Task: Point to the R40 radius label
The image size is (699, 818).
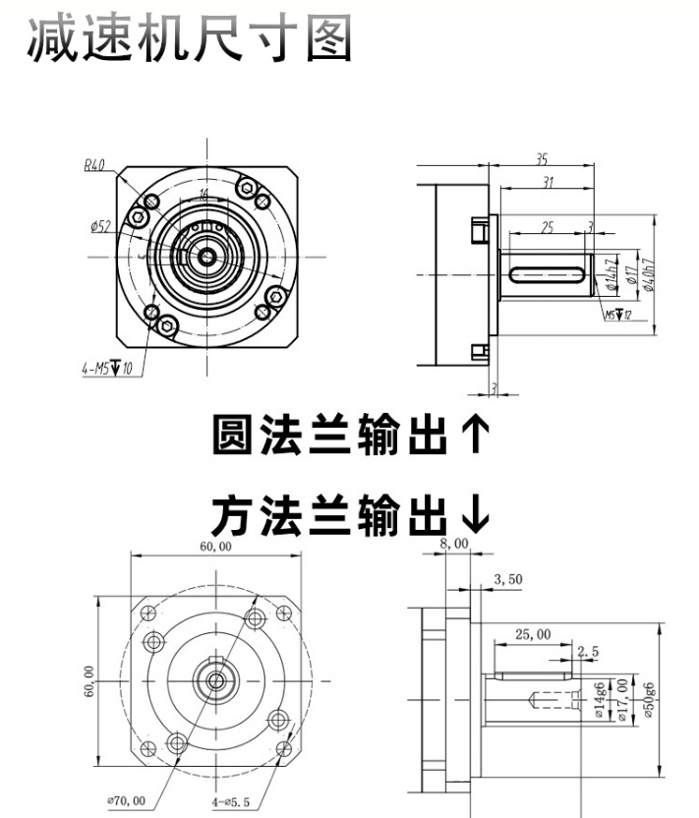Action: tap(94, 165)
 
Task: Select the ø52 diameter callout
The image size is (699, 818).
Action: tap(100, 227)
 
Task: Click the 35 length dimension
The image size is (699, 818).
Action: tap(542, 158)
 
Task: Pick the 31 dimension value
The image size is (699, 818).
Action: tap(547, 182)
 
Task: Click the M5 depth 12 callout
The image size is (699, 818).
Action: tap(617, 316)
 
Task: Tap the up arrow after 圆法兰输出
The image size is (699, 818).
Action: tap(475, 435)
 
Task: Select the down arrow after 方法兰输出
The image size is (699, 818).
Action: tap(475, 511)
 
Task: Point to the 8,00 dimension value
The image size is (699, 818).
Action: tap(455, 544)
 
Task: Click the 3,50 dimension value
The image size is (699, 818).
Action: tap(508, 580)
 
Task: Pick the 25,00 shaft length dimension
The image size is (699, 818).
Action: tap(532, 634)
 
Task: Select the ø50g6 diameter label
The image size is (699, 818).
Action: tap(650, 701)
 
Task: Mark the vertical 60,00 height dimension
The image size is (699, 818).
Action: tap(89, 679)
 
